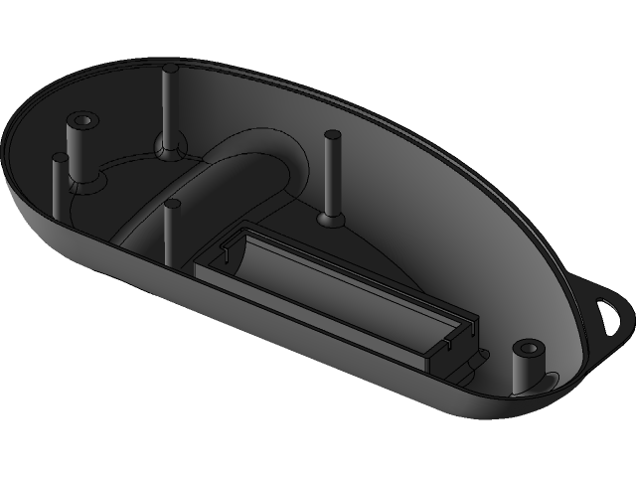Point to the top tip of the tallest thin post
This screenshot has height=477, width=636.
(170, 70)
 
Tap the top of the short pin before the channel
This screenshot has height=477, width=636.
(172, 206)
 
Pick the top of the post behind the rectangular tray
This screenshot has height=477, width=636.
(331, 136)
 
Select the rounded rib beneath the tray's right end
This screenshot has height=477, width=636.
(467, 365)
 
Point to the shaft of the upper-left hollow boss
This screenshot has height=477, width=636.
(79, 149)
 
